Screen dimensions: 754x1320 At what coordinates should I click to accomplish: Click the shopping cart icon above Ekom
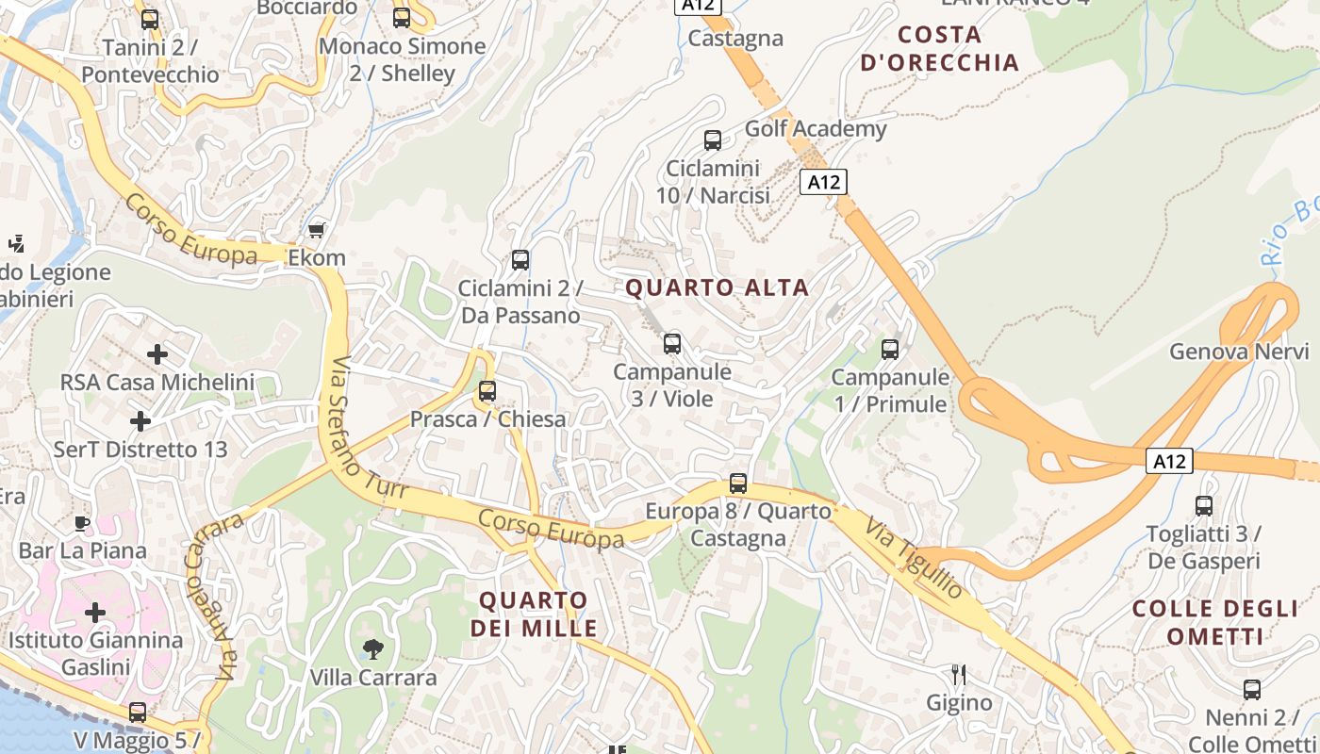click(316, 230)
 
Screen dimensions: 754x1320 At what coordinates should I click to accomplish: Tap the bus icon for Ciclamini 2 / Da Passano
click(520, 260)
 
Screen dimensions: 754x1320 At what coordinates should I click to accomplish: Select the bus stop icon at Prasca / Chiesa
click(487, 391)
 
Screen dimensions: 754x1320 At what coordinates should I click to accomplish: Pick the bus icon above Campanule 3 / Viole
click(671, 344)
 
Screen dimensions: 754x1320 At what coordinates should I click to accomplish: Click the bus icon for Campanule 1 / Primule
click(889, 350)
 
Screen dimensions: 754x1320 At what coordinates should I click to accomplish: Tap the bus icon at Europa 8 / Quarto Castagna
click(738, 484)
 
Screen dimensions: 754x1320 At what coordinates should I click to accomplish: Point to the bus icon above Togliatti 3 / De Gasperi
click(1204, 506)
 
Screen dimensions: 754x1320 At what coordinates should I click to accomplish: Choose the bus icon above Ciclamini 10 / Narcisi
click(713, 140)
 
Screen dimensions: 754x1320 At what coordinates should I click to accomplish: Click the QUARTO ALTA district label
click(718, 287)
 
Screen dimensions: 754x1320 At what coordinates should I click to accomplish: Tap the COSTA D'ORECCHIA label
click(940, 49)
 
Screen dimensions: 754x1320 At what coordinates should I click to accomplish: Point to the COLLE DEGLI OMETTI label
click(1214, 622)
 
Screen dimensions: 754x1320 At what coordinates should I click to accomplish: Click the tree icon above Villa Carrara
click(373, 648)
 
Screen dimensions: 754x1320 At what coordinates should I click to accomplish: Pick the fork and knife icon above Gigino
click(959, 675)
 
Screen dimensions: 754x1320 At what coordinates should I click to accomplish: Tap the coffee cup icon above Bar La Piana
click(83, 522)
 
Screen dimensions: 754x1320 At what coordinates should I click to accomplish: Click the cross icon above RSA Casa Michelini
click(157, 354)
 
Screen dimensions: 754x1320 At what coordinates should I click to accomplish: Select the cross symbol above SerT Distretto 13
click(140, 420)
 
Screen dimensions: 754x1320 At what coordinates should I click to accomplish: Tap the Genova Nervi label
click(1239, 352)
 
